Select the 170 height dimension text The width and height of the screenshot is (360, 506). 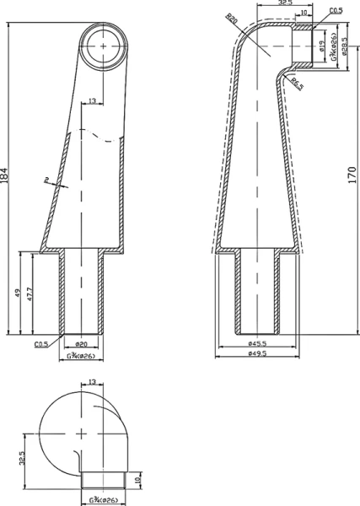(352, 175)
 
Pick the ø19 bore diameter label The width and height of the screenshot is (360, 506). (322, 46)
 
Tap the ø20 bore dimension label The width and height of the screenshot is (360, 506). (81, 345)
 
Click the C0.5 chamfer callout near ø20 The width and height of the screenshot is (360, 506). (40, 345)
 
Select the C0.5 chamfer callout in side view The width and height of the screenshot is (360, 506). (335, 10)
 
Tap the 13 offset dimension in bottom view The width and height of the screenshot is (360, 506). (91, 383)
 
